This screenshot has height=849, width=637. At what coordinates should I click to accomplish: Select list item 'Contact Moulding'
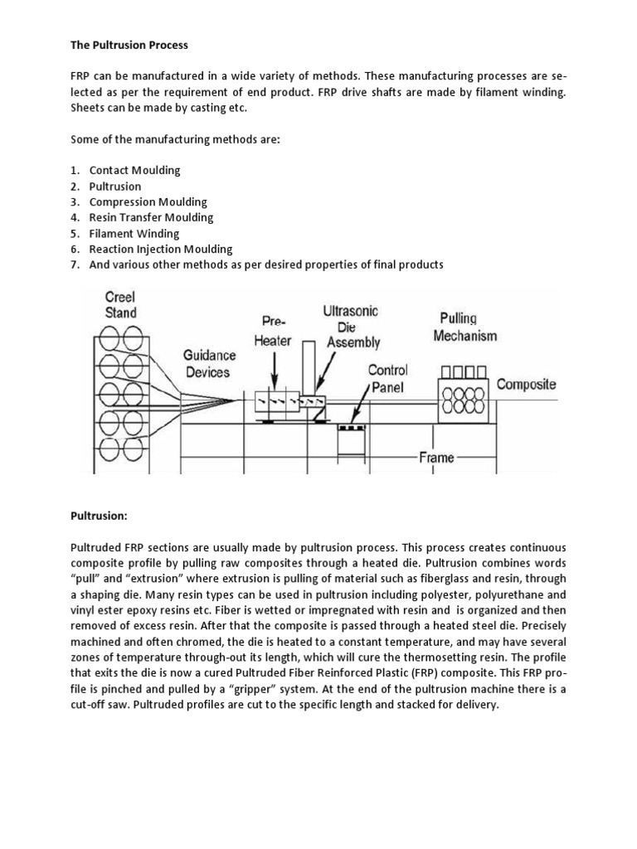click(134, 170)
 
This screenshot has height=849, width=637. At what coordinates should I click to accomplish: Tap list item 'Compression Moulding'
click(148, 201)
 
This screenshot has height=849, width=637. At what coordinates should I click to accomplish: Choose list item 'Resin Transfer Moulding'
click(151, 217)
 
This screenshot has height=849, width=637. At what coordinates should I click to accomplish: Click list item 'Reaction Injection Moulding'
click(161, 249)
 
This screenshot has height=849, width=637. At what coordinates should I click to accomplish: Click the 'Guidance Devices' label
click(208, 363)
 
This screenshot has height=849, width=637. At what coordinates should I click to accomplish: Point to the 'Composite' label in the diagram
click(526, 385)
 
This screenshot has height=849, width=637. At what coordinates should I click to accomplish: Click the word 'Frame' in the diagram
click(435, 456)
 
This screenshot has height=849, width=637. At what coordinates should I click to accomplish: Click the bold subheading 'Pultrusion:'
click(98, 516)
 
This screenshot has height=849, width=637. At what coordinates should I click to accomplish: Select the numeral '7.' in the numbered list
click(75, 264)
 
